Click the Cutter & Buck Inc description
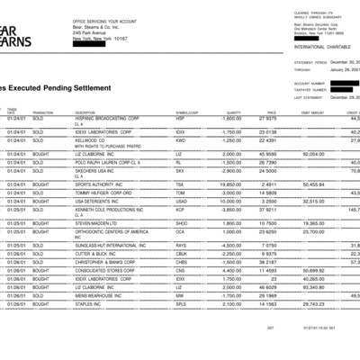pos(96,252)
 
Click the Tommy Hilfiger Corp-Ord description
pos(103,192)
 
